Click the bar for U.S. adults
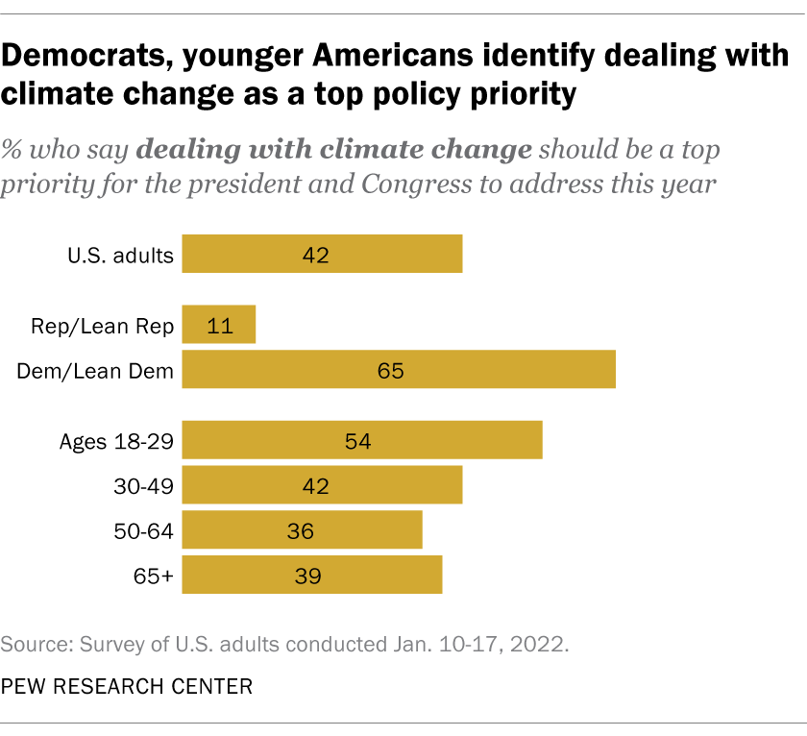tap(322, 255)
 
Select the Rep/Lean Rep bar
tap(219, 325)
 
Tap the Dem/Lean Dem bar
tap(399, 370)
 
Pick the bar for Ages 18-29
tap(362, 440)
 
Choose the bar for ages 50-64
tap(302, 529)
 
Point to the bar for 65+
tap(312, 575)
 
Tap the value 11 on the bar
tap(219, 325)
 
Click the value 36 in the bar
tap(302, 530)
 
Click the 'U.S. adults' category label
tap(120, 256)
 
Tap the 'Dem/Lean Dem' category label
tap(95, 371)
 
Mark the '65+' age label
tap(155, 576)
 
